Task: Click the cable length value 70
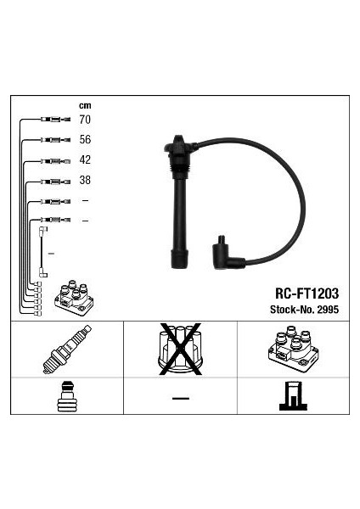(x=85, y=120)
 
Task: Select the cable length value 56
(x=85, y=140)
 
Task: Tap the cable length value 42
(x=85, y=159)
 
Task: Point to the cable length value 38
(x=85, y=180)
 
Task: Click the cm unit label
(x=85, y=105)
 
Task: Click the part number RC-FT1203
(x=307, y=294)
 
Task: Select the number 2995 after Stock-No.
(x=328, y=310)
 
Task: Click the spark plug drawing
(x=67, y=349)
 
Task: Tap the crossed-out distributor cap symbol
(x=180, y=350)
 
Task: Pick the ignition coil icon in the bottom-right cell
(x=293, y=350)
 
